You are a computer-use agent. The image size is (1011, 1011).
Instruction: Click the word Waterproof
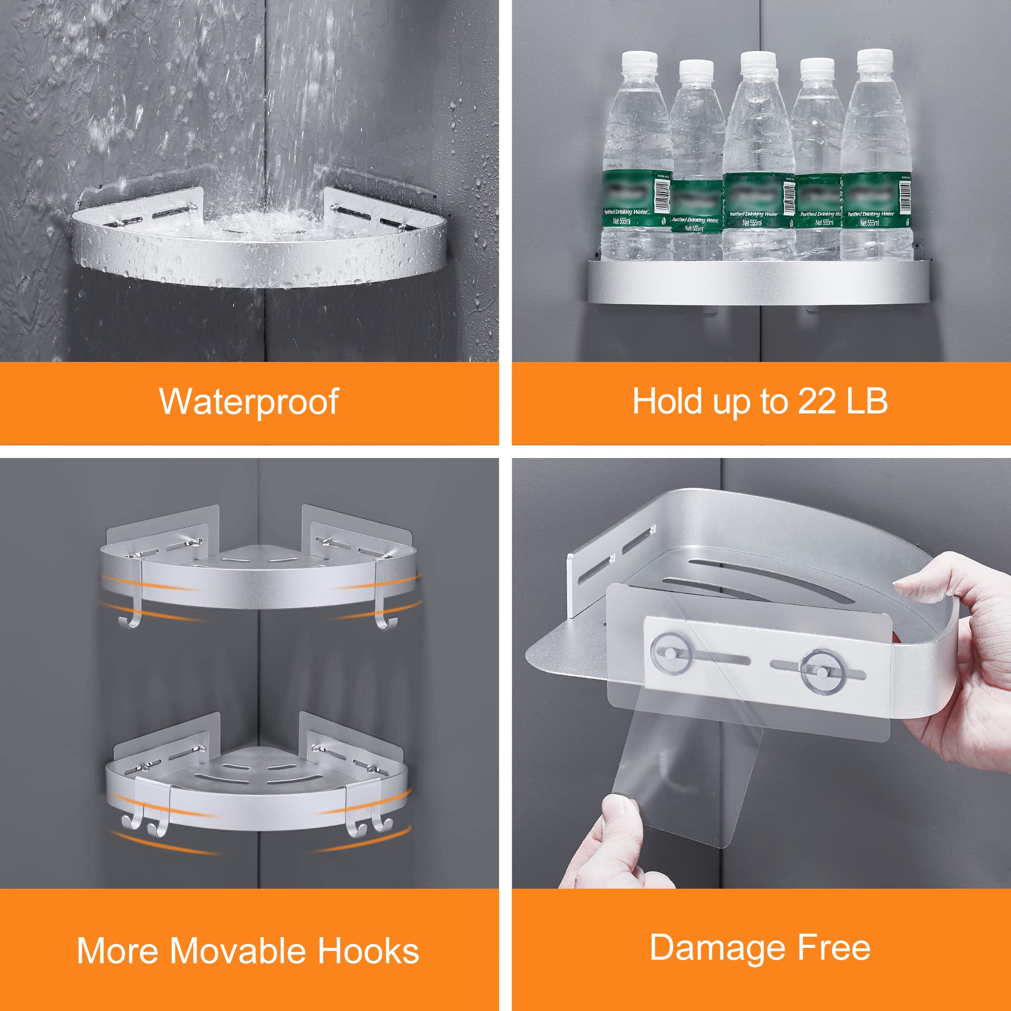(249, 402)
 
